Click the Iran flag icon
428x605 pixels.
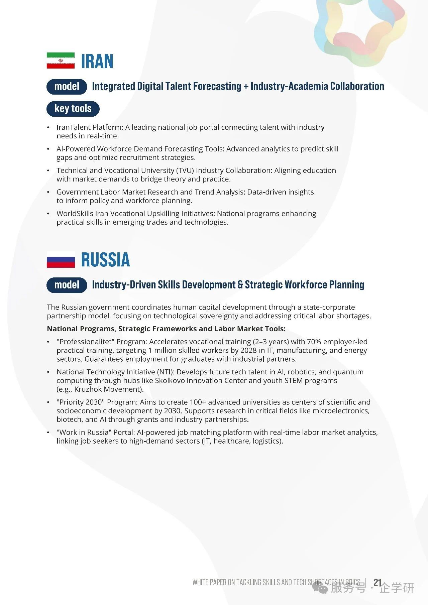[61, 60]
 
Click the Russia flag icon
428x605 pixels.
[61, 260]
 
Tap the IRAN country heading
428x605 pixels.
[97, 61]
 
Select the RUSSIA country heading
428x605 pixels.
[105, 260]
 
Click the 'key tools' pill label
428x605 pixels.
[73, 109]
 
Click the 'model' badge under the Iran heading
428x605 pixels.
[67, 86]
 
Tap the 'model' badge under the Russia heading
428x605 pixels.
[67, 285]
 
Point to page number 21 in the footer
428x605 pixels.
[378, 583]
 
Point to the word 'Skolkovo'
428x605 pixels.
[170, 381]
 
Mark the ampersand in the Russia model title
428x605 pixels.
[240, 285]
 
